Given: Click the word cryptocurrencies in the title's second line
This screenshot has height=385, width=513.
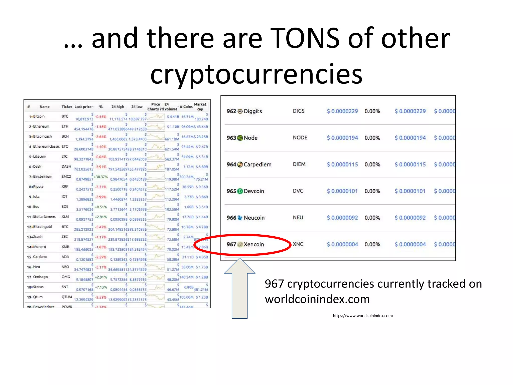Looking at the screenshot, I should coord(256,74).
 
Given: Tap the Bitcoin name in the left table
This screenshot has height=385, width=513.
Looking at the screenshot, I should coord(39,116).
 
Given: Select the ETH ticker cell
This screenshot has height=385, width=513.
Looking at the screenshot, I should coord(65,126).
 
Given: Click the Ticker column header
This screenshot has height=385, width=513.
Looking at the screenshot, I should coord(67,107).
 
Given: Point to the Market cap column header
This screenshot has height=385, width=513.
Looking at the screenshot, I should coord(200,107).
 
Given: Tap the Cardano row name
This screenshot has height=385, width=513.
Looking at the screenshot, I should coord(40,257).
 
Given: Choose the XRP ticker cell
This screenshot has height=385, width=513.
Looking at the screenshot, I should coord(65,186).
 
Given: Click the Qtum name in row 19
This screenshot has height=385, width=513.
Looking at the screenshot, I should coord(38,297).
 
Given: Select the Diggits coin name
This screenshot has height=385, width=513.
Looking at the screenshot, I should coord(253,111).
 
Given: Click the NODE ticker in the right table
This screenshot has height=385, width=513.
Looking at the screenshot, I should coord(300,138).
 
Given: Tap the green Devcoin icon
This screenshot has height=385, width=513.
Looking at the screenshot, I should coord(240,191).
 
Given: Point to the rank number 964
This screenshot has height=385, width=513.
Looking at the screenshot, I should coord(231,164).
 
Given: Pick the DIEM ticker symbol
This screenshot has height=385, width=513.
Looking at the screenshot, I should coord(299,164).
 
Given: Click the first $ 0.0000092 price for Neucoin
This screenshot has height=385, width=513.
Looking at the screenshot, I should coord(342,218).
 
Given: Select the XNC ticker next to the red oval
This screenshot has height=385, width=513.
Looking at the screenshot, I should coord(298,244).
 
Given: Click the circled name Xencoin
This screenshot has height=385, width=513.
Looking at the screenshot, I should coord(254,244).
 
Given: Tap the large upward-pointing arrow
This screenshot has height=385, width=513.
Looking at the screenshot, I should coord(239,288).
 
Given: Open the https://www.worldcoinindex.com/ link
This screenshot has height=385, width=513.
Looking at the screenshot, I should coord(363,316).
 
